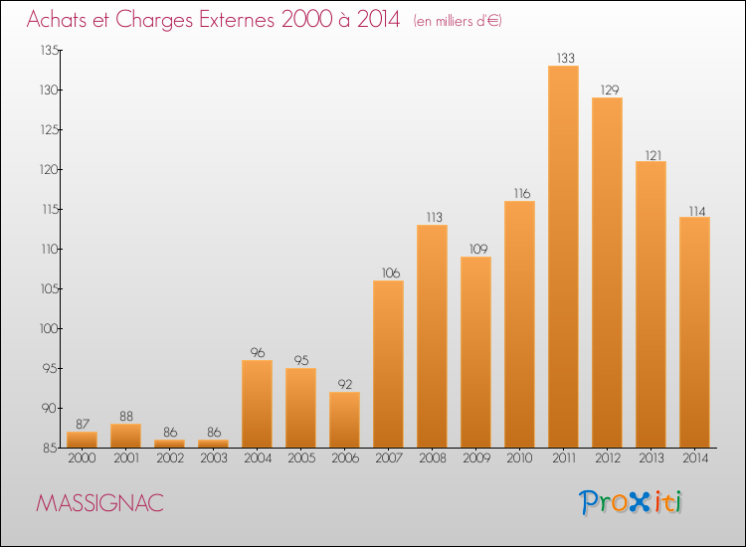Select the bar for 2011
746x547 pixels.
point(563,257)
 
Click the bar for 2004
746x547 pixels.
point(257,404)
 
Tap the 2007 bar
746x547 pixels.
point(388,364)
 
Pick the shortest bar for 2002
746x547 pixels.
point(169,444)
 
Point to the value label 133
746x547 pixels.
point(565,58)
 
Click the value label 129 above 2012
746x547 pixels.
point(610,90)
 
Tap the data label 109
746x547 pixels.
point(478,249)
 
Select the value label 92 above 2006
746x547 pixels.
point(345,384)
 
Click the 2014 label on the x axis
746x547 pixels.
point(695,458)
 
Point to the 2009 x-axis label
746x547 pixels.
point(476,458)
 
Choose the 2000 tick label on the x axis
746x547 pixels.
point(82,458)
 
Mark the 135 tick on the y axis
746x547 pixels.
point(50,50)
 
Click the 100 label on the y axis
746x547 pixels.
point(49,328)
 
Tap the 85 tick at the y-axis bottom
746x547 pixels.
point(52,449)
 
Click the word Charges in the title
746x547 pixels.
point(153,20)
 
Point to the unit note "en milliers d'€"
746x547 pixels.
point(458,21)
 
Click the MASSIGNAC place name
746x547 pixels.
point(99,503)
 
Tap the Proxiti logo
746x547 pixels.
point(631,502)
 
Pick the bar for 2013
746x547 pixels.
point(651,304)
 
